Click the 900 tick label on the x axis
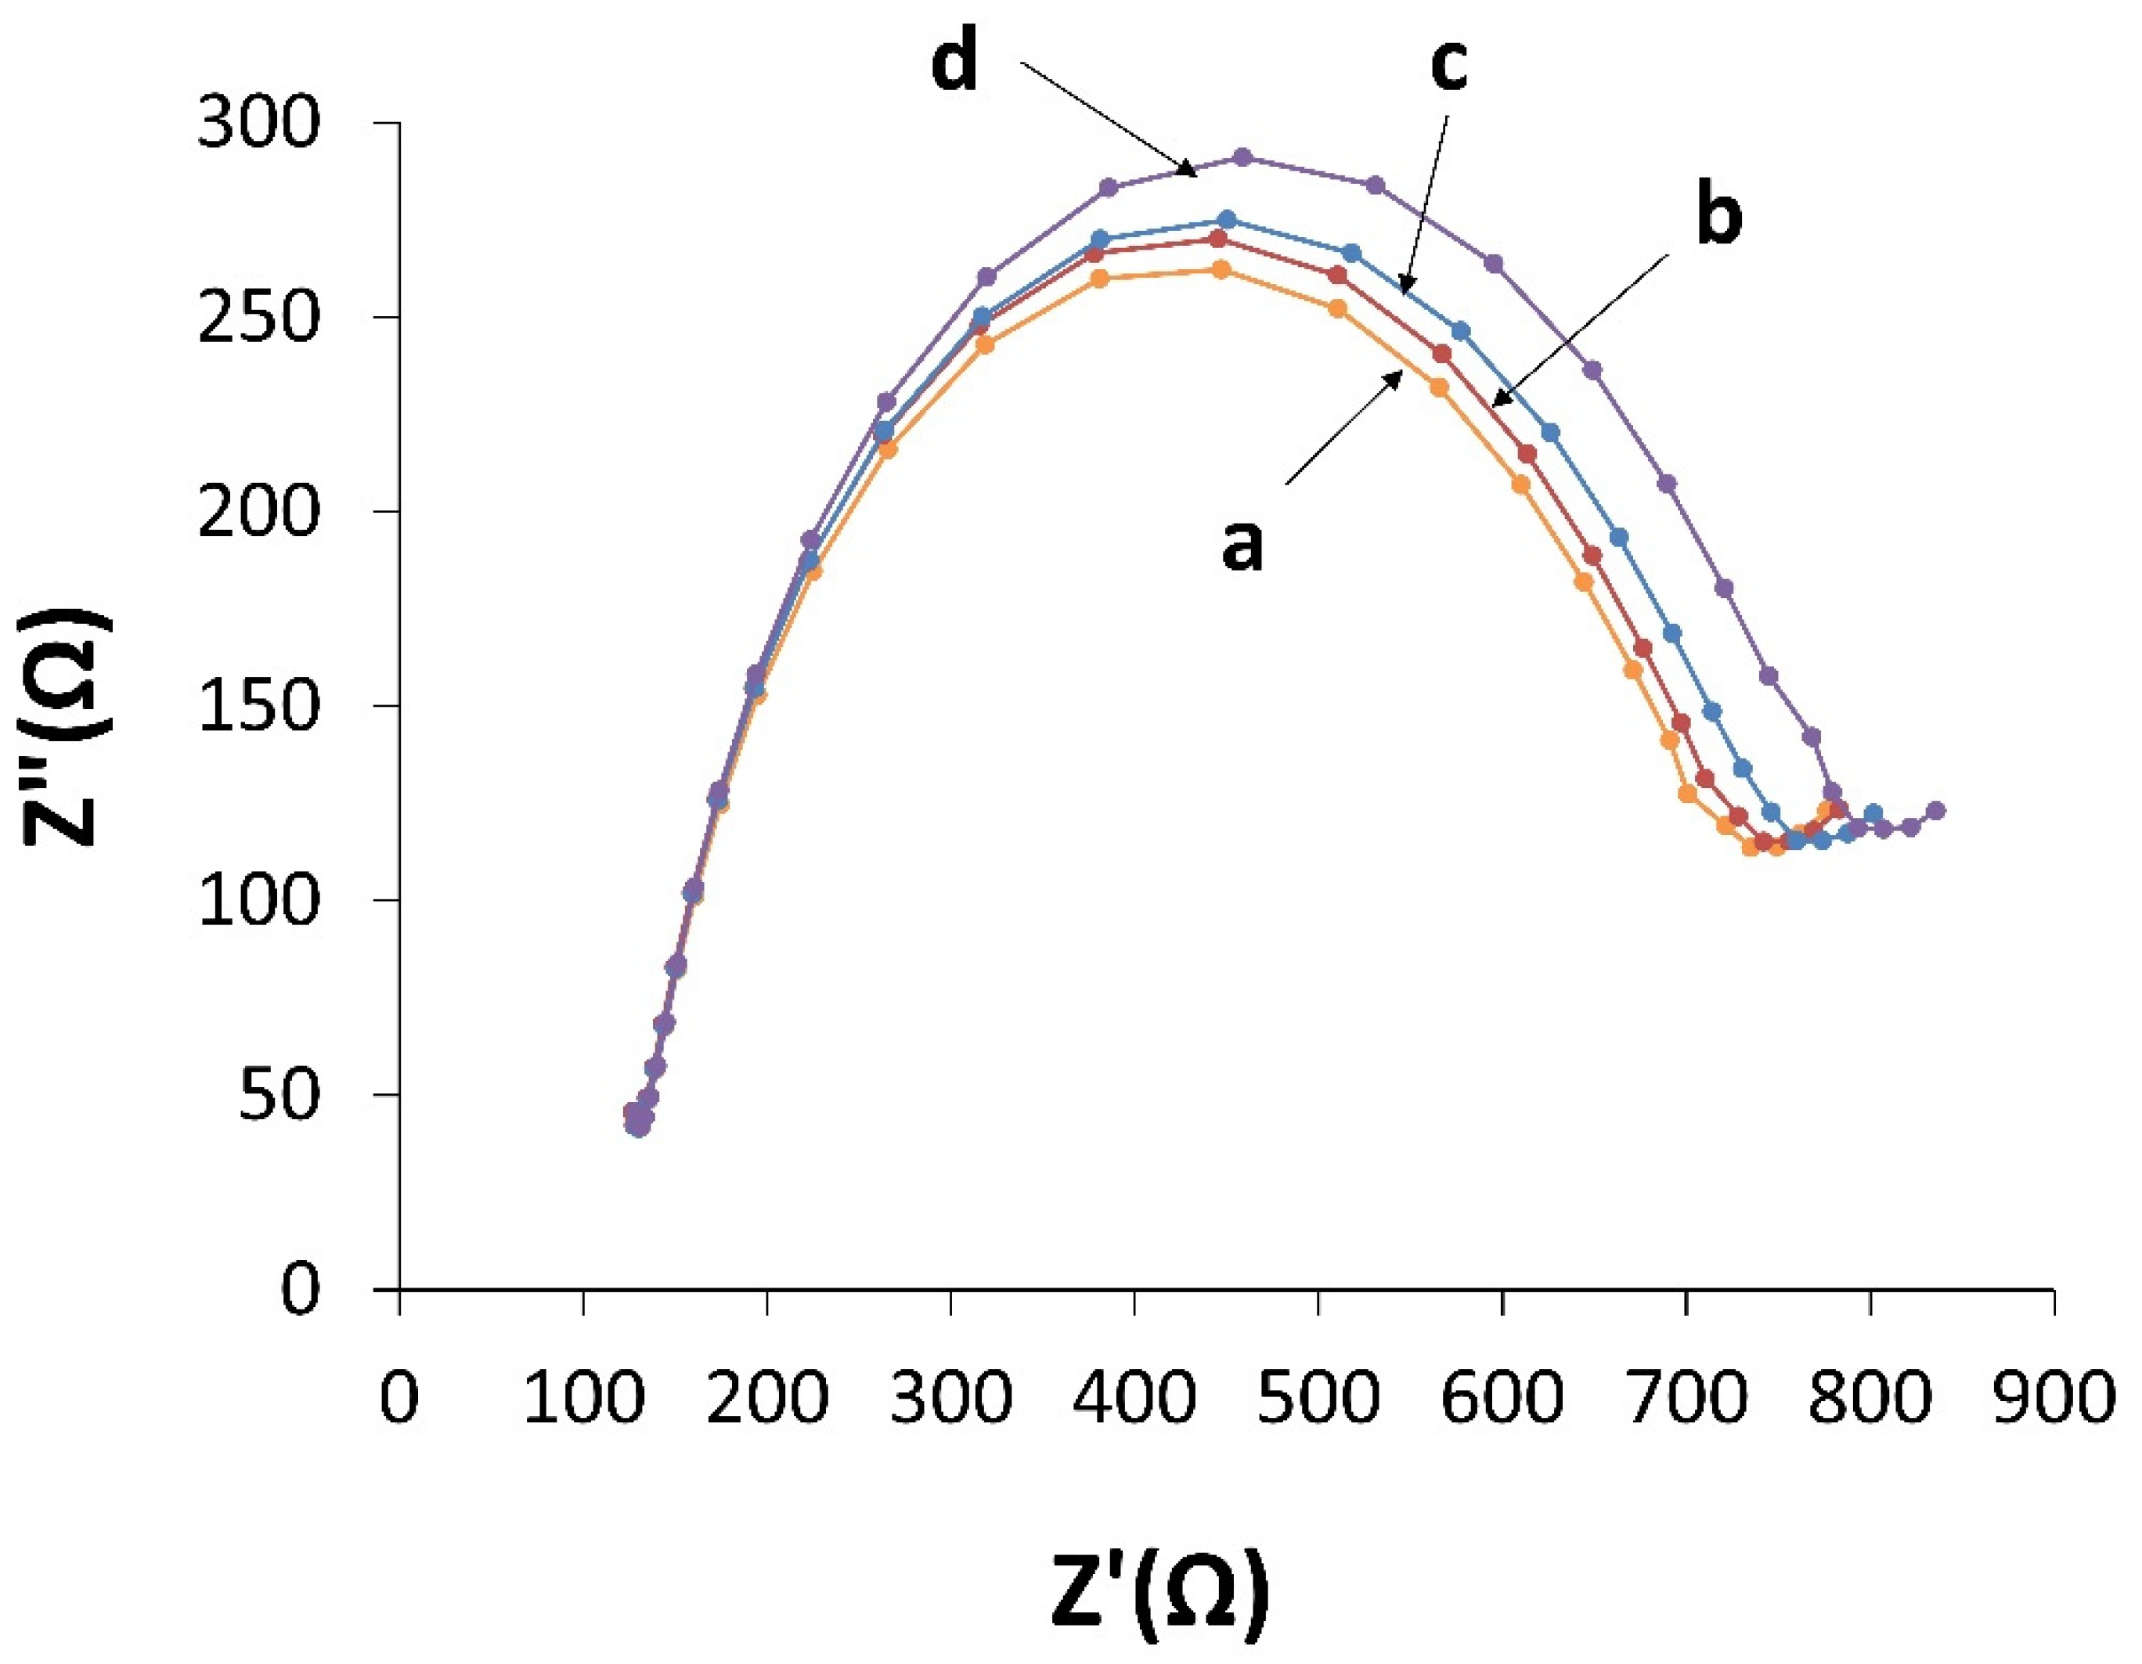point(2052,1397)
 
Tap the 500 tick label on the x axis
point(1317,1397)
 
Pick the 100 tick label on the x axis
point(583,1397)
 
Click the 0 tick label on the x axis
point(399,1397)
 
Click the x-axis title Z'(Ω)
point(1159,1589)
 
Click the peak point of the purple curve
point(1242,157)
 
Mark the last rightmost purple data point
point(1935,810)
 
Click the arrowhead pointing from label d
point(1195,175)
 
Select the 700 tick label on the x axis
point(1685,1397)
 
